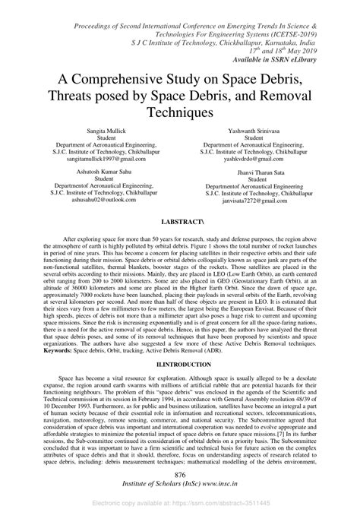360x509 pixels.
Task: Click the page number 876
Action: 180,474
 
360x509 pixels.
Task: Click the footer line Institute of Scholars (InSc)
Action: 180,484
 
